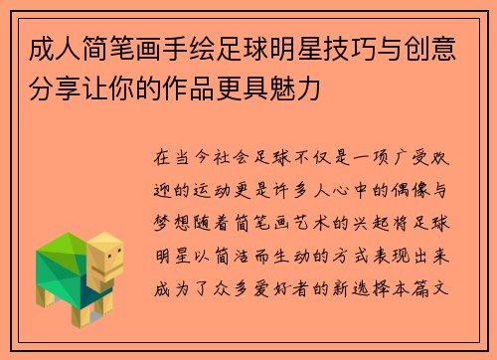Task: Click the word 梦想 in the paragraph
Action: click(168, 215)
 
